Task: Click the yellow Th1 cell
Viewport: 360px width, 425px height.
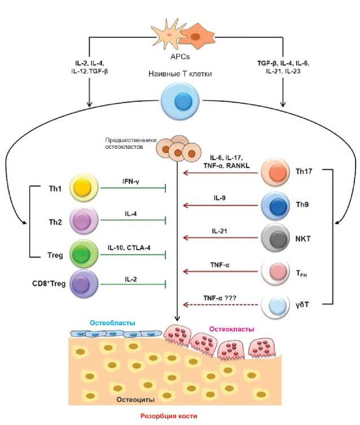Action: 84,188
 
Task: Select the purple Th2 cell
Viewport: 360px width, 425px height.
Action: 84,220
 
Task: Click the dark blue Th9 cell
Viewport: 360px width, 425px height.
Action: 275,205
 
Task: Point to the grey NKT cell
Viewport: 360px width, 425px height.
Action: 275,238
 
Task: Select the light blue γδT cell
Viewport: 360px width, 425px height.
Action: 275,305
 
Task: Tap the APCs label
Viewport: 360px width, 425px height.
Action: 180,57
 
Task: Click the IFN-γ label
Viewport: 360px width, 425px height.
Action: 131,181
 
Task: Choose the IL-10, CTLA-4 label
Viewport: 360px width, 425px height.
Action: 129,247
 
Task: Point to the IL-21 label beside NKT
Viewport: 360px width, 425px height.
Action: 219,231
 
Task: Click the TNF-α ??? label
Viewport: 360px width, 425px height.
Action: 219,298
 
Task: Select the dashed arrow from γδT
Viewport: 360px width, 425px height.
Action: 221,304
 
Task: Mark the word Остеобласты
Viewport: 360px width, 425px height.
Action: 113,323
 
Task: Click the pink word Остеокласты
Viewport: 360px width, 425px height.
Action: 232,329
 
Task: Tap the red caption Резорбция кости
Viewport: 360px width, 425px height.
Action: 169,416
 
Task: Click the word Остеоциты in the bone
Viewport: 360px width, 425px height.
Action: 135,400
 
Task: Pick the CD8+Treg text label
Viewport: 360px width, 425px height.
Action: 49,284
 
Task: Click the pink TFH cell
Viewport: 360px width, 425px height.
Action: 275,272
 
